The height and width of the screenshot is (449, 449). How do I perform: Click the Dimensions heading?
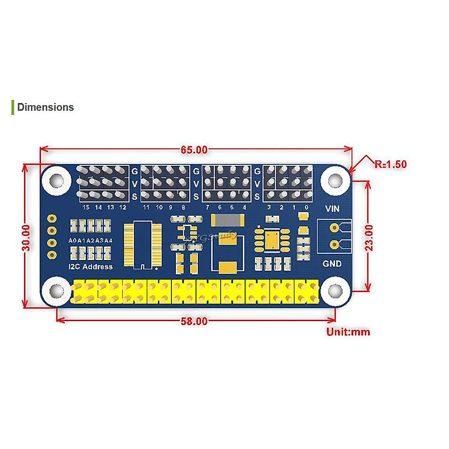tap(45, 107)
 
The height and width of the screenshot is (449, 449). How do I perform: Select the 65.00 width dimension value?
tap(194, 150)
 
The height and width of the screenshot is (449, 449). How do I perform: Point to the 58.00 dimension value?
tap(194, 321)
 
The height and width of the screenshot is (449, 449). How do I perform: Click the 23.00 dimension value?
tap(369, 238)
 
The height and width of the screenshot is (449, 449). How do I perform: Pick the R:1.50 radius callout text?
tap(390, 164)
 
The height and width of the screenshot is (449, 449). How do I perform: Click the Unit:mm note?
tap(348, 332)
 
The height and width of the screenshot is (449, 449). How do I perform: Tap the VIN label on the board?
tap(332, 209)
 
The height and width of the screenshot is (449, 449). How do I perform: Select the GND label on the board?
tap(332, 264)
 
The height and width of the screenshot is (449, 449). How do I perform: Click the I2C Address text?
tap(91, 267)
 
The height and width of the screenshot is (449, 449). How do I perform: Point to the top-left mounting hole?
tap(57, 180)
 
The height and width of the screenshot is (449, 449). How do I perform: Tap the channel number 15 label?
tap(86, 207)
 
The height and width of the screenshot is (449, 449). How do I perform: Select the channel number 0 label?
tap(306, 207)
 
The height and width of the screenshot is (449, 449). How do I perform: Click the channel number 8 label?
tap(183, 207)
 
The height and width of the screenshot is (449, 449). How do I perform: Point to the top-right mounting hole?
tap(334, 180)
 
